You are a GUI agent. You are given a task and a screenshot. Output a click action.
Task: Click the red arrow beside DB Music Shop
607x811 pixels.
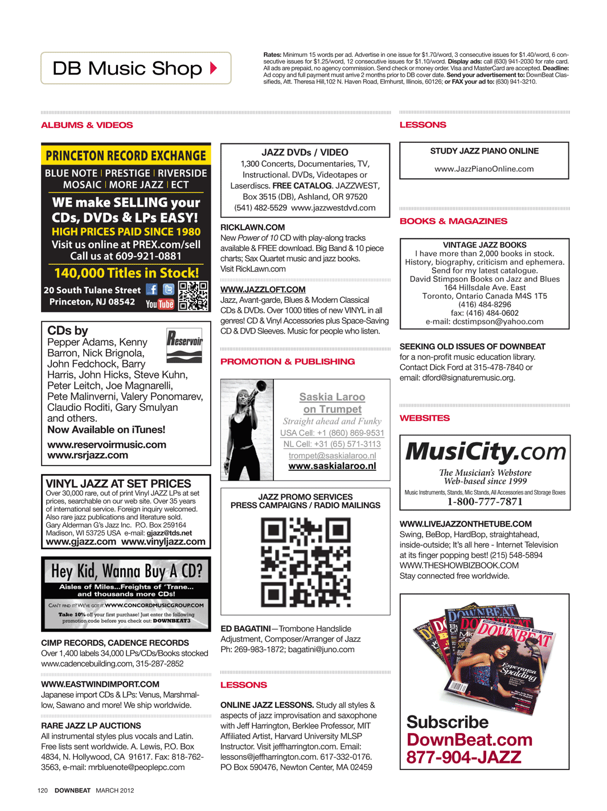point(214,68)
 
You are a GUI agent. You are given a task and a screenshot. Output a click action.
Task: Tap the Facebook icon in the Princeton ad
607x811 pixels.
point(151,290)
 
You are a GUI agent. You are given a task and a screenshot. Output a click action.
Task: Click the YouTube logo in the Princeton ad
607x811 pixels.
point(159,304)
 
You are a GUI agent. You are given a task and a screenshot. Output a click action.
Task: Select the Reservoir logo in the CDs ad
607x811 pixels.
point(184,345)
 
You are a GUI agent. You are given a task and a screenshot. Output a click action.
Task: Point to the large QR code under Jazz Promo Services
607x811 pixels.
point(305,562)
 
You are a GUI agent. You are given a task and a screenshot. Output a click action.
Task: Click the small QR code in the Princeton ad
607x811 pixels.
point(193,296)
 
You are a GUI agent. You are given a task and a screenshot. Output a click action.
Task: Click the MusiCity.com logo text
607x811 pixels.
point(485,452)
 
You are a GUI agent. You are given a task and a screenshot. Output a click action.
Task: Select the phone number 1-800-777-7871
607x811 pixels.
point(485,501)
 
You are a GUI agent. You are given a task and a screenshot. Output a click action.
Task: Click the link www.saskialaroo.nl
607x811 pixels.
point(332,466)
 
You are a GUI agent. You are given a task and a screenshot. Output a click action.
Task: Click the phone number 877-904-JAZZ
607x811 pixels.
point(464,758)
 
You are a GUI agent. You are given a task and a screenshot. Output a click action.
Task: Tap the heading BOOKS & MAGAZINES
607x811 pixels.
point(453,221)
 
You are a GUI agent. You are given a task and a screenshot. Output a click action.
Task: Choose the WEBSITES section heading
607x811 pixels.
point(425,418)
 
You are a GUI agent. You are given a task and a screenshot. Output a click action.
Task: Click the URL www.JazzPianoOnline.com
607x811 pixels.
point(484,169)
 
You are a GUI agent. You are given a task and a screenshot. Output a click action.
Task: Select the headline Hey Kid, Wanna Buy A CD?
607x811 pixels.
point(126,571)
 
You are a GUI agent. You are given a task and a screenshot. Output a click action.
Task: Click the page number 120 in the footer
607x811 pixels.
point(43,791)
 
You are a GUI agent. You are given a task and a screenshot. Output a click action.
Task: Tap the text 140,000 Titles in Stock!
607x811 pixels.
point(126,273)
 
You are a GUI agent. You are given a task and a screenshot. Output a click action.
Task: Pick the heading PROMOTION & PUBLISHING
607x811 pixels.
point(288,362)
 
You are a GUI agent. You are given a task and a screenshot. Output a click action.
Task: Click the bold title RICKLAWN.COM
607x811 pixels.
point(253,228)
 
